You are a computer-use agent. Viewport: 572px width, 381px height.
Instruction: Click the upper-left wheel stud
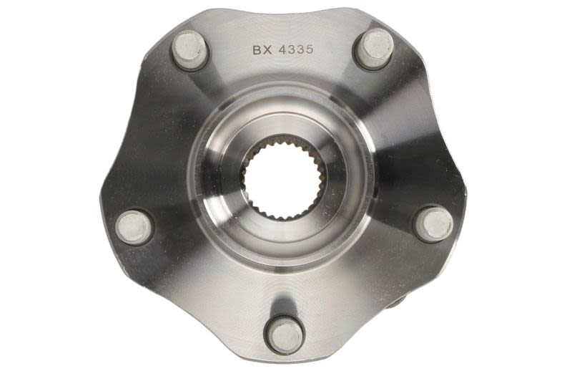coord(189,50)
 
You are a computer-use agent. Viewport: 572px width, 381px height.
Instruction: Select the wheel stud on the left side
coord(134,227)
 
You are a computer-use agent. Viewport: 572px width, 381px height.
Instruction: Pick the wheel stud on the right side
coord(434,223)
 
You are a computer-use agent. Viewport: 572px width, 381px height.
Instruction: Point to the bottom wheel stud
coord(285,335)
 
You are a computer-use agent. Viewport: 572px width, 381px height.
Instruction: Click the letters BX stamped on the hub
coord(262,50)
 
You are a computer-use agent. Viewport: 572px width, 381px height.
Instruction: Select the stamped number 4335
coord(296,49)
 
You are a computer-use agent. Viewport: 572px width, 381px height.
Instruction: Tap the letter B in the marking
coord(257,50)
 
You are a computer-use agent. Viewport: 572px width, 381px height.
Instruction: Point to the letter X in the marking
coord(267,50)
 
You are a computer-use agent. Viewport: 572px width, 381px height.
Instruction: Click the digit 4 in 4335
coord(282,49)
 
